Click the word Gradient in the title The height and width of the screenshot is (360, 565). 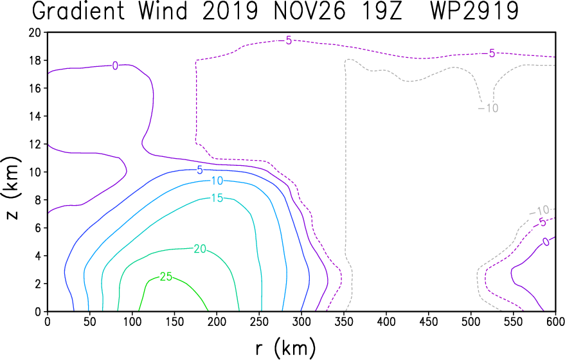(78, 11)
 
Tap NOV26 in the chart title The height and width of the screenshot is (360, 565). (310, 11)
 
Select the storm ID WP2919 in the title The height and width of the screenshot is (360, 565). (474, 11)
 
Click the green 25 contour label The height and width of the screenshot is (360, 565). (166, 277)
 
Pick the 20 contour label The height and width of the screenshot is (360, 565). (200, 249)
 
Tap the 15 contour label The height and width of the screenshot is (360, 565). (217, 198)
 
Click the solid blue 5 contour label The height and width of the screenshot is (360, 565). (200, 170)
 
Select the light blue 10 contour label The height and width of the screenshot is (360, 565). (217, 181)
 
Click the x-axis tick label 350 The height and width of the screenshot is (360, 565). (343, 321)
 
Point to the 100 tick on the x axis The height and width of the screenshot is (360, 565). (132, 321)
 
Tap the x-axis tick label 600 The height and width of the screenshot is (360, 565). (555, 321)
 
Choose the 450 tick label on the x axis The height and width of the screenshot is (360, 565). (429, 321)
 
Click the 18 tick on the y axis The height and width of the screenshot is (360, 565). (35, 60)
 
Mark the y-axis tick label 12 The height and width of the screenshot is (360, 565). (35, 144)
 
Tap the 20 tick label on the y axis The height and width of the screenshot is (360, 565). (35, 32)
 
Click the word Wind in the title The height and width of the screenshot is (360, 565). (163, 11)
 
